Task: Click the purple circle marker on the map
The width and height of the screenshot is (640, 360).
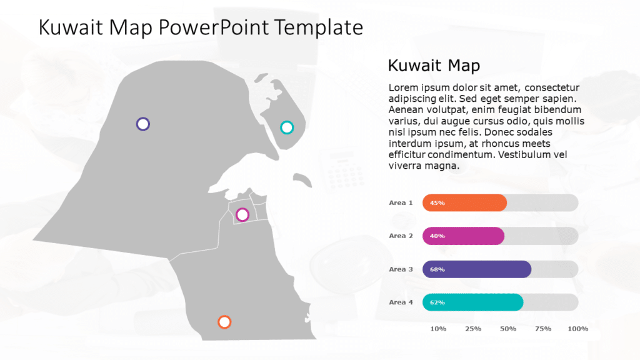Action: click(143, 124)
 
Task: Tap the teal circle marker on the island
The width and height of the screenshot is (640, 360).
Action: click(287, 127)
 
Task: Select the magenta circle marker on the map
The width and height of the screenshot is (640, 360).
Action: click(242, 215)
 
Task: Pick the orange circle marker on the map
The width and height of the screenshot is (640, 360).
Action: click(224, 322)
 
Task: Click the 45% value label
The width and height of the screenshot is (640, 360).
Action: click(437, 202)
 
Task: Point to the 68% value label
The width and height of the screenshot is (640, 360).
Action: click(437, 269)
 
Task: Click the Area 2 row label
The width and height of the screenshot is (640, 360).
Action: click(401, 236)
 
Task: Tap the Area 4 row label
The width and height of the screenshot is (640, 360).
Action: click(401, 302)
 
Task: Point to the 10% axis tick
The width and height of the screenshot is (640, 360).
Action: click(438, 328)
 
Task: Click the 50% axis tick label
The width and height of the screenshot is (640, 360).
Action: click(508, 328)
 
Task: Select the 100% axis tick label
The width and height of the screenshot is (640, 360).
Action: click(577, 328)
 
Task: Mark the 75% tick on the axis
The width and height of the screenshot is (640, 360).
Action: click(543, 328)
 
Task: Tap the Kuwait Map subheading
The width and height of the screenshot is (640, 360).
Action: click(433, 65)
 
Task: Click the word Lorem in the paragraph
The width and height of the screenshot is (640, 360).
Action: click(403, 87)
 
